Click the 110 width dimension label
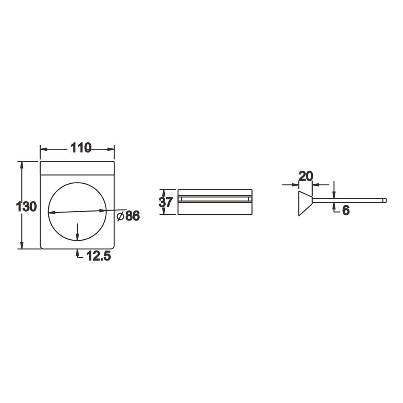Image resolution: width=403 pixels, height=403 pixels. click(x=81, y=148)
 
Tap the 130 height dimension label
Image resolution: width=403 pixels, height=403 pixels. click(x=26, y=207)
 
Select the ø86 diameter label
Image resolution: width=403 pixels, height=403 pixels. click(x=128, y=216)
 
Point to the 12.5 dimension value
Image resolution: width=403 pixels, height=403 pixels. click(x=99, y=256)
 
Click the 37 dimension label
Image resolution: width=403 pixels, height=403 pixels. click(x=166, y=202)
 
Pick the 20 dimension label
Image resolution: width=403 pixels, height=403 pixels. click(x=306, y=177)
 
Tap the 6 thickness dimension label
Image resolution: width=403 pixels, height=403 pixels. click(x=346, y=210)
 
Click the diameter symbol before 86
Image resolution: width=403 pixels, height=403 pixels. click(x=120, y=216)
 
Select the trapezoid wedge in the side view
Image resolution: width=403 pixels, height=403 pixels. click(x=305, y=204)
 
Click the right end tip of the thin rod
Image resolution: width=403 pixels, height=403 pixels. click(x=386, y=200)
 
